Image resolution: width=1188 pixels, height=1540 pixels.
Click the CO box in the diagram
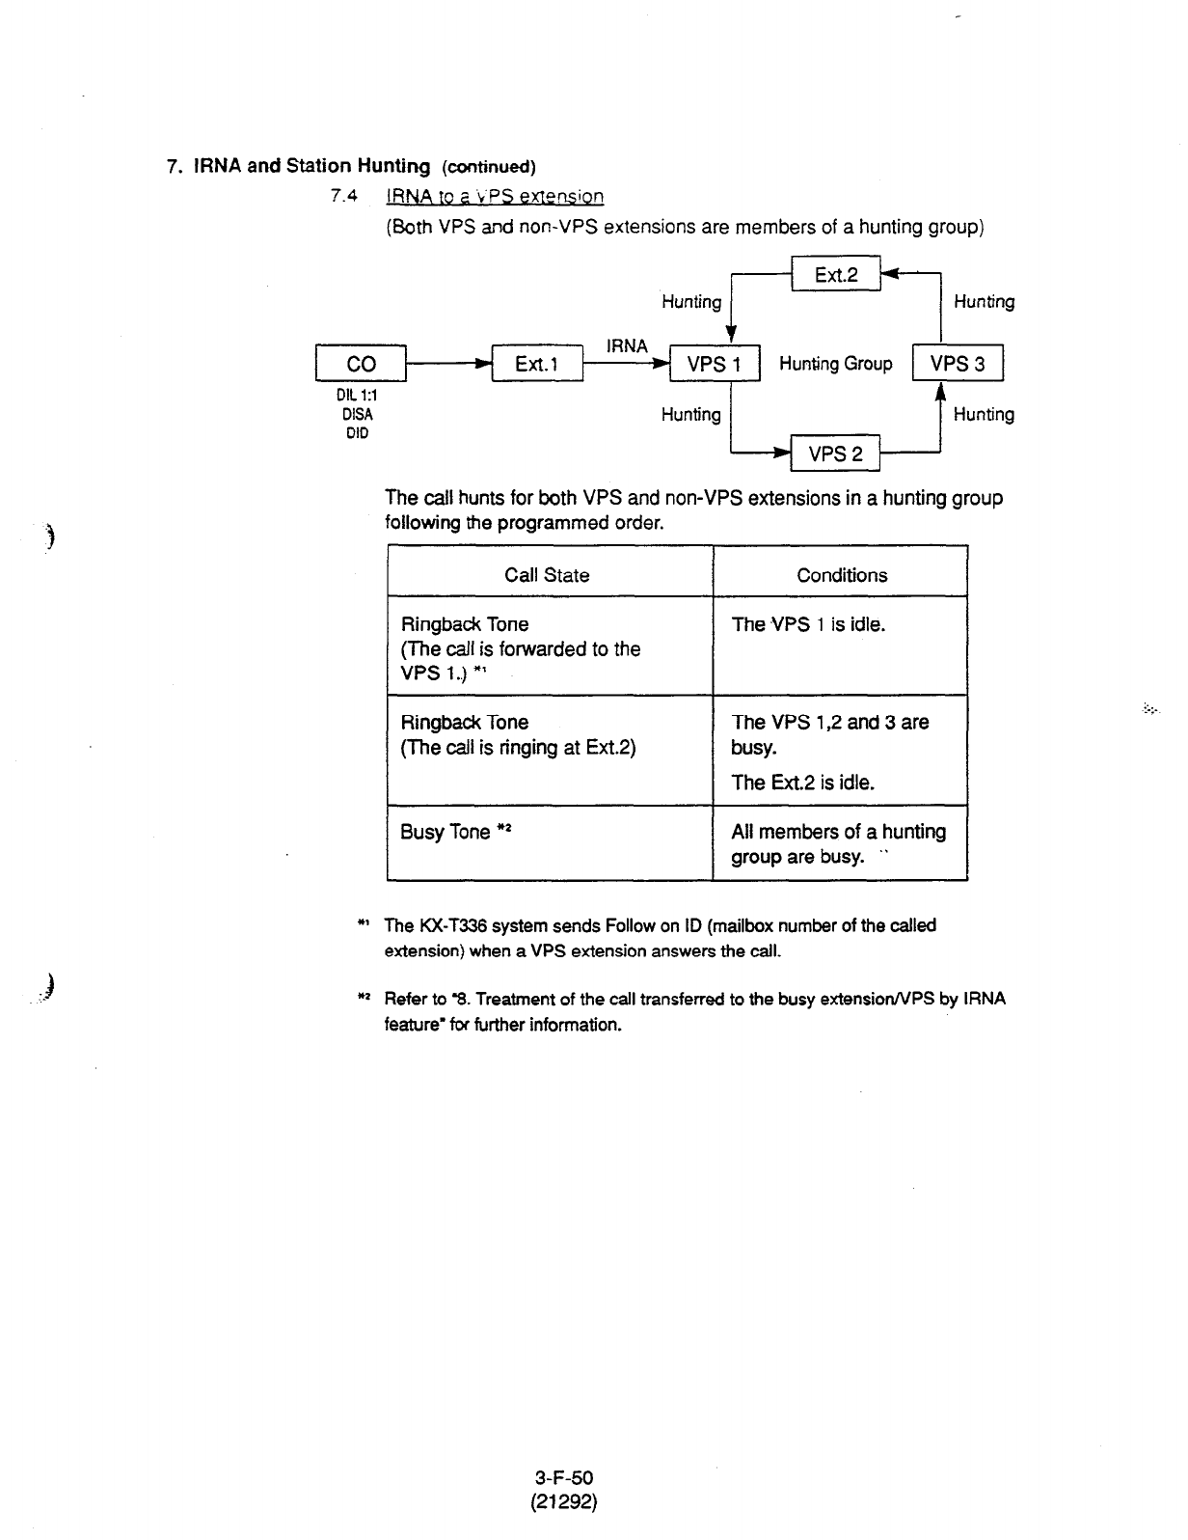click(361, 364)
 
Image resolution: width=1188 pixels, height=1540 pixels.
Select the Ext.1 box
click(537, 364)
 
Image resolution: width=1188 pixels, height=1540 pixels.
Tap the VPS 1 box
click(715, 364)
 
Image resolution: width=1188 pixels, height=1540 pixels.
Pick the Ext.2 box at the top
click(835, 275)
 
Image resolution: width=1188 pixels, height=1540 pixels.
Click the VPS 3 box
click(958, 364)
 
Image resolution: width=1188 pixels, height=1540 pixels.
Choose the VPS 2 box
click(835, 454)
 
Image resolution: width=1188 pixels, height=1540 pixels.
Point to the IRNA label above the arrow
click(627, 345)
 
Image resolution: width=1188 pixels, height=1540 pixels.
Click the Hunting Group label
click(835, 364)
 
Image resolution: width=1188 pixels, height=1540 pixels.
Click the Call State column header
click(547, 575)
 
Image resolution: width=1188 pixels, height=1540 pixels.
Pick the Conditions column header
click(842, 575)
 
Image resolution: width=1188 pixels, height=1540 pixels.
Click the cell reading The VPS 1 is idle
click(808, 624)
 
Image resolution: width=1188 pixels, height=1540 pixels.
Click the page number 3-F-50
click(566, 1477)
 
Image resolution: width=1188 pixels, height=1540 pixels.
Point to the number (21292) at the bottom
click(566, 1501)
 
